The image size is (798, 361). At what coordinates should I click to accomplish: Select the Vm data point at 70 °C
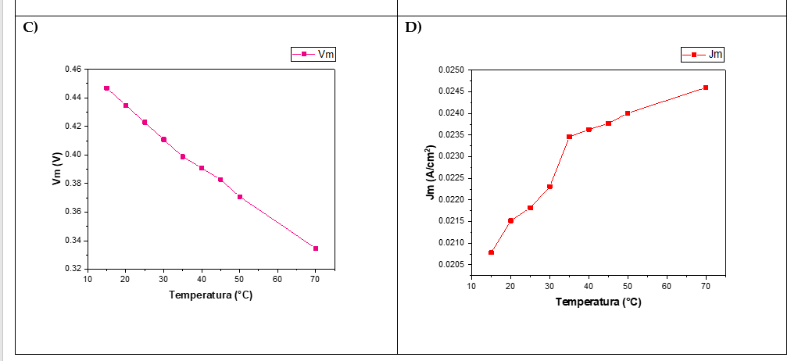point(316,248)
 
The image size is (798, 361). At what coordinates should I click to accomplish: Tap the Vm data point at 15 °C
point(106,88)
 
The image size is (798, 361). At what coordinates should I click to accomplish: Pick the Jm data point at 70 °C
point(706,88)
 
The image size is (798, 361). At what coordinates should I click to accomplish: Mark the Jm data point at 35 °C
point(569,137)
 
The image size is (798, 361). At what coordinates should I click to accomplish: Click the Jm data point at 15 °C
point(491,252)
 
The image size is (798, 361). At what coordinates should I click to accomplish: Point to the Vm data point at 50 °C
point(240,197)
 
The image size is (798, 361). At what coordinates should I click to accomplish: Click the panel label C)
point(30,27)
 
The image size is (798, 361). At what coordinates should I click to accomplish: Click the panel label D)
point(413,27)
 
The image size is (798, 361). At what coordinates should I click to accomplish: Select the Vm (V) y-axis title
point(57,169)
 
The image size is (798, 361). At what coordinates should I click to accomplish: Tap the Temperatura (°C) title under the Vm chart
point(210,295)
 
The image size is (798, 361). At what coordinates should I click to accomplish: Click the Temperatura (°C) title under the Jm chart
point(598,302)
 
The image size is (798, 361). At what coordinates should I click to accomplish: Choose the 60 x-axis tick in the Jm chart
point(667,286)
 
